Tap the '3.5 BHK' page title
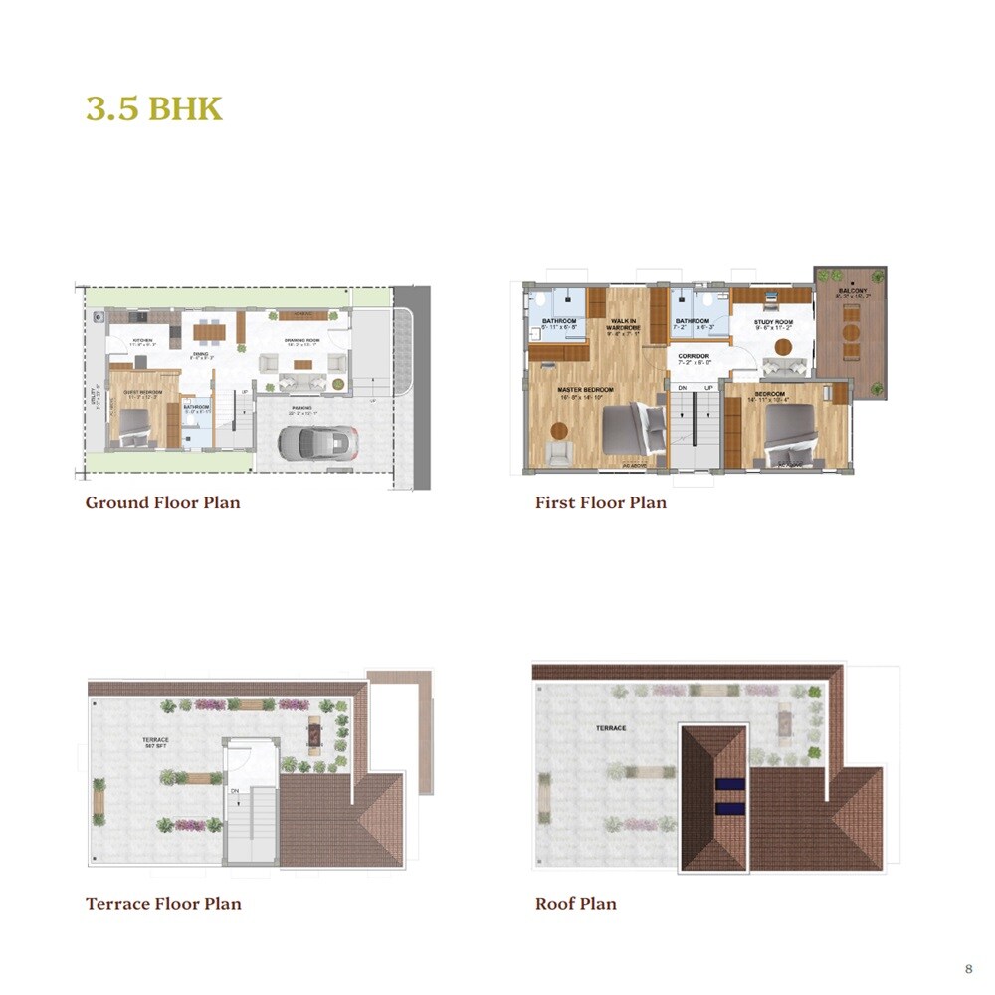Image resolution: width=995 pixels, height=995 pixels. coord(153,108)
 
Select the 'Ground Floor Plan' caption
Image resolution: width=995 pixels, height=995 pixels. coord(162,502)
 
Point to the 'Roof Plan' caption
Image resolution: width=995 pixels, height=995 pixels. coord(575,904)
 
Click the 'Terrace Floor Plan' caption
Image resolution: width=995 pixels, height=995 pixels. coord(163,904)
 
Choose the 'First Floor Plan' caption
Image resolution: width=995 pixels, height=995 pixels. coord(600,502)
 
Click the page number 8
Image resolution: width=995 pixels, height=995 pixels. coord(968,968)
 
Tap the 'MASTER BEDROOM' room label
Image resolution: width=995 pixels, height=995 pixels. coord(585,389)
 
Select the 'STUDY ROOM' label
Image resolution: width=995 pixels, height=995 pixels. coord(773,322)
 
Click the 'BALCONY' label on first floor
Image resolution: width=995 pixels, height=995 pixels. coord(852,291)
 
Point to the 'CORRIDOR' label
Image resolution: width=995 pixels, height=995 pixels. coord(694,355)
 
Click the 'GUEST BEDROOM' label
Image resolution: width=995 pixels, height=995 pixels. coord(142,392)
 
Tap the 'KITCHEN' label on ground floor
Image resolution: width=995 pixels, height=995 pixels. coord(142,340)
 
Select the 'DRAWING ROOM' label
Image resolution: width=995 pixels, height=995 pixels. coord(299,341)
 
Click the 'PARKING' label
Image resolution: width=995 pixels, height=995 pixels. coord(301,408)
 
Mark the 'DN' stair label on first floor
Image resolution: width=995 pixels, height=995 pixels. coord(682,388)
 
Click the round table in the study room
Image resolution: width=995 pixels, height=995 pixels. coord(783,347)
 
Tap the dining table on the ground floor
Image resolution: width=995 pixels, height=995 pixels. coord(208,331)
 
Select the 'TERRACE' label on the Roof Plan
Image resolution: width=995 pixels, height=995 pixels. coord(611,728)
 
